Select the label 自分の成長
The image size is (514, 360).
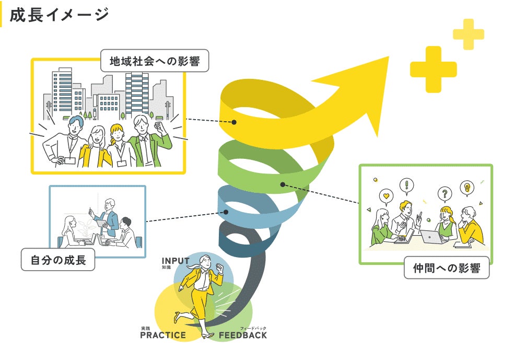click(x=58, y=259)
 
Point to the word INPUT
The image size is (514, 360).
click(x=176, y=260)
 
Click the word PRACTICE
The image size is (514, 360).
click(x=163, y=335)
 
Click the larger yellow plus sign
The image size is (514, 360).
click(x=433, y=69)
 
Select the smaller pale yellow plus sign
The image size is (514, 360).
click(x=468, y=35)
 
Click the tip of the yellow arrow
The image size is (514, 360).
click(x=388, y=57)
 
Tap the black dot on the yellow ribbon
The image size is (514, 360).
click(x=235, y=122)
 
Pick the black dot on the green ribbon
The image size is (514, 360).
click(x=283, y=184)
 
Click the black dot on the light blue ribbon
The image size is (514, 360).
click(x=226, y=212)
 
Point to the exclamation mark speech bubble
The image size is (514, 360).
click(x=407, y=185)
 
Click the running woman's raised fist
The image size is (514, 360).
click(x=220, y=269)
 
